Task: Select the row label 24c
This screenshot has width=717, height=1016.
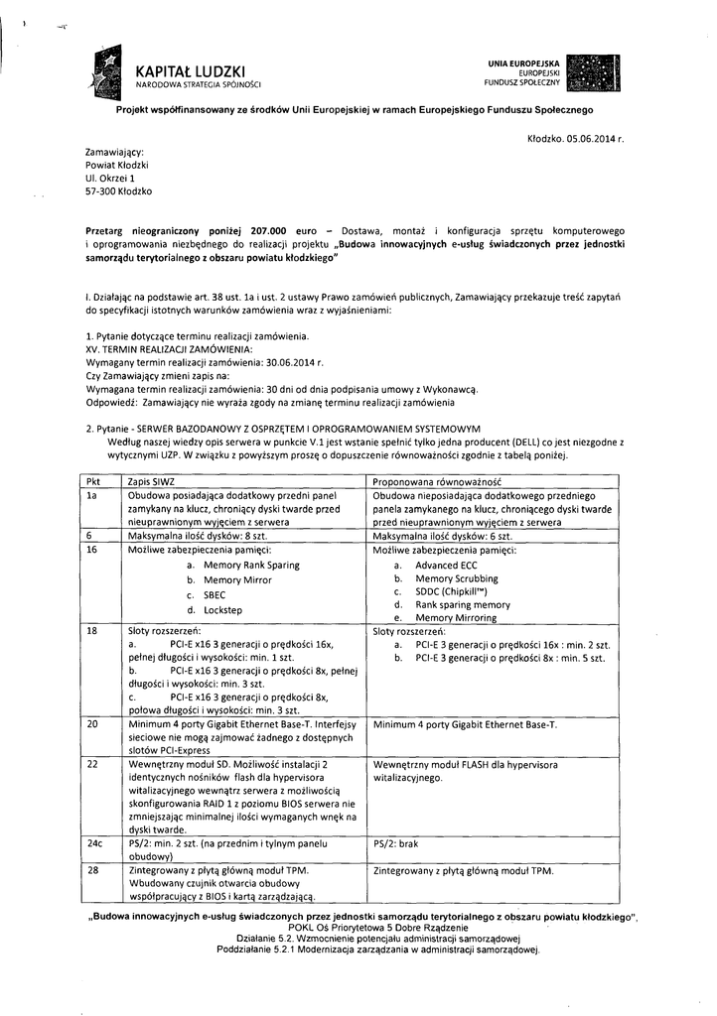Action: pyautogui.click(x=95, y=842)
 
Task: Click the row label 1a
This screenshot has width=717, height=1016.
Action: pyautogui.click(x=92, y=494)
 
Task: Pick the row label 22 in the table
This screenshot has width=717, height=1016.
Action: pyautogui.click(x=93, y=764)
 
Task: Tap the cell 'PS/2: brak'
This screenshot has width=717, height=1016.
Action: pyautogui.click(x=395, y=842)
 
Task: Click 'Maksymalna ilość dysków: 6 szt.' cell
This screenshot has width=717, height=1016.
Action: pyautogui.click(x=442, y=535)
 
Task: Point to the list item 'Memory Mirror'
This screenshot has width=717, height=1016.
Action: pyautogui.click(x=236, y=579)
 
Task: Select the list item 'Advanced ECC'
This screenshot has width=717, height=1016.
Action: pyautogui.click(x=446, y=564)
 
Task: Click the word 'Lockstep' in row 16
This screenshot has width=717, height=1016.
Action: pyautogui.click(x=224, y=610)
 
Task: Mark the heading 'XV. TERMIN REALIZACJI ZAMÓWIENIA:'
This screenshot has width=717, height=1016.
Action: pyautogui.click(x=170, y=351)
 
